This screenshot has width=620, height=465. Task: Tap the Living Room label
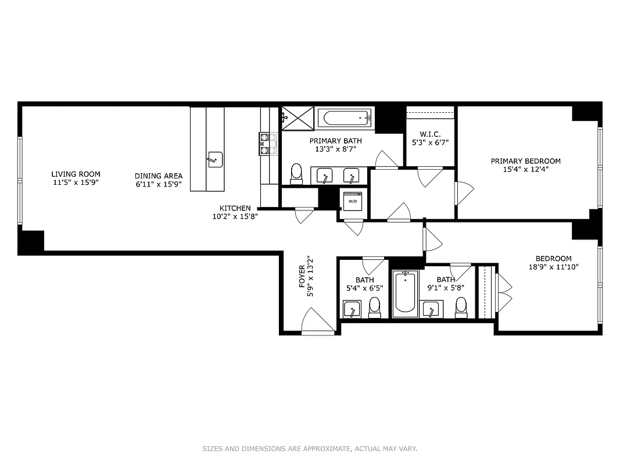(x=76, y=174)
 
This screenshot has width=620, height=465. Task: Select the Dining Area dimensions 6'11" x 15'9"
(x=159, y=184)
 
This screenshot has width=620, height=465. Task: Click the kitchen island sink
(x=215, y=159)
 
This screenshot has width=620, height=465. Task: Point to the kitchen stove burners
(x=268, y=144)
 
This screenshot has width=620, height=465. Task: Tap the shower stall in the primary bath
(x=298, y=119)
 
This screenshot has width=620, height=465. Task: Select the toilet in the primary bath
(x=296, y=173)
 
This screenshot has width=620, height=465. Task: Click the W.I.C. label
(x=430, y=134)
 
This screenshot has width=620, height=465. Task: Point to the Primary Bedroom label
(x=525, y=161)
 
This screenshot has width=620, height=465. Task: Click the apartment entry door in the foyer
(x=317, y=323)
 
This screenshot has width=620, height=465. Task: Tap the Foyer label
(x=302, y=277)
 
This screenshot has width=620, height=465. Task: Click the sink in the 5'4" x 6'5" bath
(x=352, y=309)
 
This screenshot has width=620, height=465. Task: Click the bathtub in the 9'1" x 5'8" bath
(x=405, y=294)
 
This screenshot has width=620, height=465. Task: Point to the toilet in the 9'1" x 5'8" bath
(x=461, y=306)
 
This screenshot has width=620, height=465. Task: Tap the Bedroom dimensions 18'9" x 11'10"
(x=553, y=267)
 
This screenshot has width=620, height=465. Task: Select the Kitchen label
(x=235, y=208)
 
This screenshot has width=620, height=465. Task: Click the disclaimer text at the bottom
(x=310, y=449)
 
